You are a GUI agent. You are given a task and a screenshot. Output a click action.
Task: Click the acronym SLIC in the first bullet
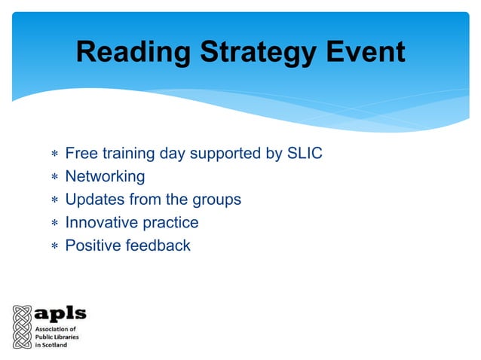pos(305,154)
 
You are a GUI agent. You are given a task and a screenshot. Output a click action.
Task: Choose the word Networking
pos(105,177)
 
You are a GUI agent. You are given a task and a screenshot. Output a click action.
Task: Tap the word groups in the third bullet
pos(215,200)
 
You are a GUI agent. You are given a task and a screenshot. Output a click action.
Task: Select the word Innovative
pos(100,222)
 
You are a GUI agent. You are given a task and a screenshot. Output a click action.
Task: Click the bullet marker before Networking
pos(54,178)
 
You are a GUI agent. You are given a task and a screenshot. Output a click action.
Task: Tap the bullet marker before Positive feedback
pos(54,246)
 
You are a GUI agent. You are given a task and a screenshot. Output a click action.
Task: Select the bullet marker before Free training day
pos(54,154)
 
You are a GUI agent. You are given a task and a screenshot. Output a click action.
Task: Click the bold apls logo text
pos(61,314)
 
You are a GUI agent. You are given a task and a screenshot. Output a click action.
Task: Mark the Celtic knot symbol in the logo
pos(21,326)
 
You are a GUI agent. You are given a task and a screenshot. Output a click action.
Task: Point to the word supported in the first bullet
pos(225,154)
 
